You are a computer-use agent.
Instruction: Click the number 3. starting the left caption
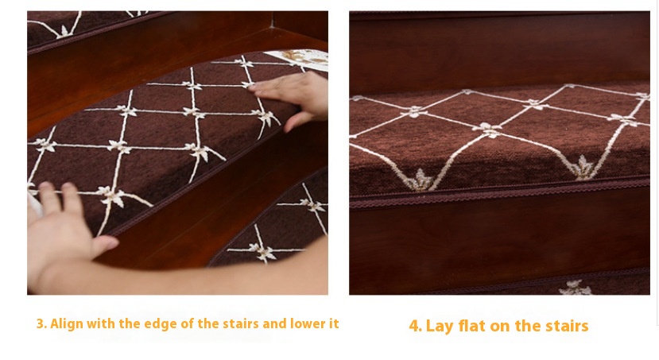click(x=41, y=324)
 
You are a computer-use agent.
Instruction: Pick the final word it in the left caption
click(x=334, y=324)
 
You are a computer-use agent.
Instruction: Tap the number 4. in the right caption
click(x=415, y=326)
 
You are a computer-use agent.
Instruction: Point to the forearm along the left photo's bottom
click(x=210, y=278)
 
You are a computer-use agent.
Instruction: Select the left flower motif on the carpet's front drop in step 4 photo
click(x=419, y=180)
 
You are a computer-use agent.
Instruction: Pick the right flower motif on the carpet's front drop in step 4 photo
click(x=583, y=167)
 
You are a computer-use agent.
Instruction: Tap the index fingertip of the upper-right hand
click(x=253, y=87)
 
